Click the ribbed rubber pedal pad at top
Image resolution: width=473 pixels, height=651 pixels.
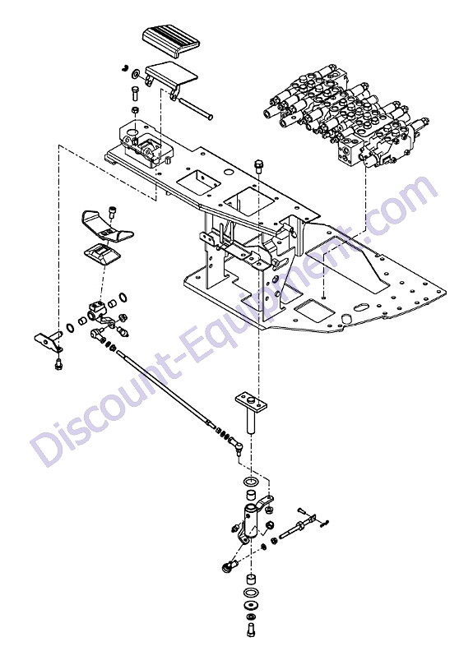[x=171, y=41]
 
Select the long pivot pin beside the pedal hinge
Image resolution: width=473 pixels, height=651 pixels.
[x=196, y=108]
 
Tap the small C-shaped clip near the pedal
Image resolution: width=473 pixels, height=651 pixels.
[x=125, y=68]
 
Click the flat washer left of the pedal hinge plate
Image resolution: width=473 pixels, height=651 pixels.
[x=136, y=75]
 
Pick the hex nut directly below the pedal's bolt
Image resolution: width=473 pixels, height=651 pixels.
[x=135, y=110]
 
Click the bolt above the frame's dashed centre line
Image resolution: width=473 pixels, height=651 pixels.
[x=258, y=166]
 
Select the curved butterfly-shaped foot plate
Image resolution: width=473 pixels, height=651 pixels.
[x=108, y=225]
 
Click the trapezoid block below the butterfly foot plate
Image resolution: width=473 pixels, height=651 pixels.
[x=102, y=256]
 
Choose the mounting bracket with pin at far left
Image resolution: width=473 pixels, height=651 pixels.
[x=49, y=340]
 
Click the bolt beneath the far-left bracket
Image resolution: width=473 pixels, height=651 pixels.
[x=58, y=363]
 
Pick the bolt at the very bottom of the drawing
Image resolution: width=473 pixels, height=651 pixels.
[x=251, y=630]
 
